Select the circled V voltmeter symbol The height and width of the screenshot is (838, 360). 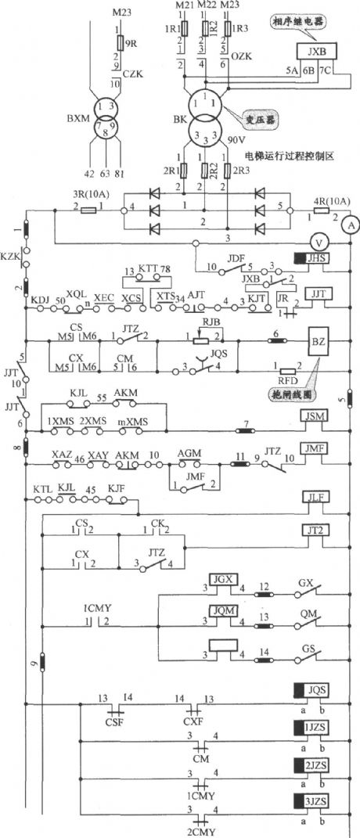point(319,240)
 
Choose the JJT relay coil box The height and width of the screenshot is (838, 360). point(318,293)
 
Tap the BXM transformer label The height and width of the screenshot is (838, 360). point(77,119)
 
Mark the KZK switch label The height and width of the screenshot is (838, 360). point(10,256)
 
